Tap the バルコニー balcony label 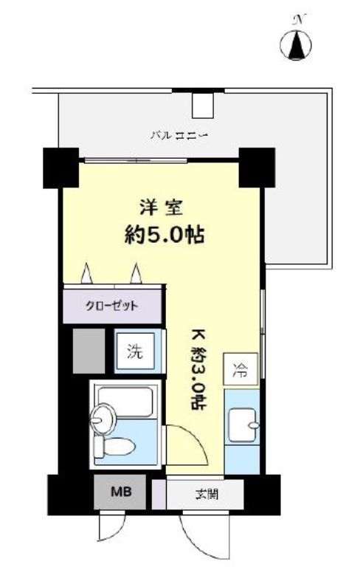pos(179,135)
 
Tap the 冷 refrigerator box pos(241,368)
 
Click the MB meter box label pos(120,490)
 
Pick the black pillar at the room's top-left pos(60,168)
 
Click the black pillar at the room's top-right pos(255,168)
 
